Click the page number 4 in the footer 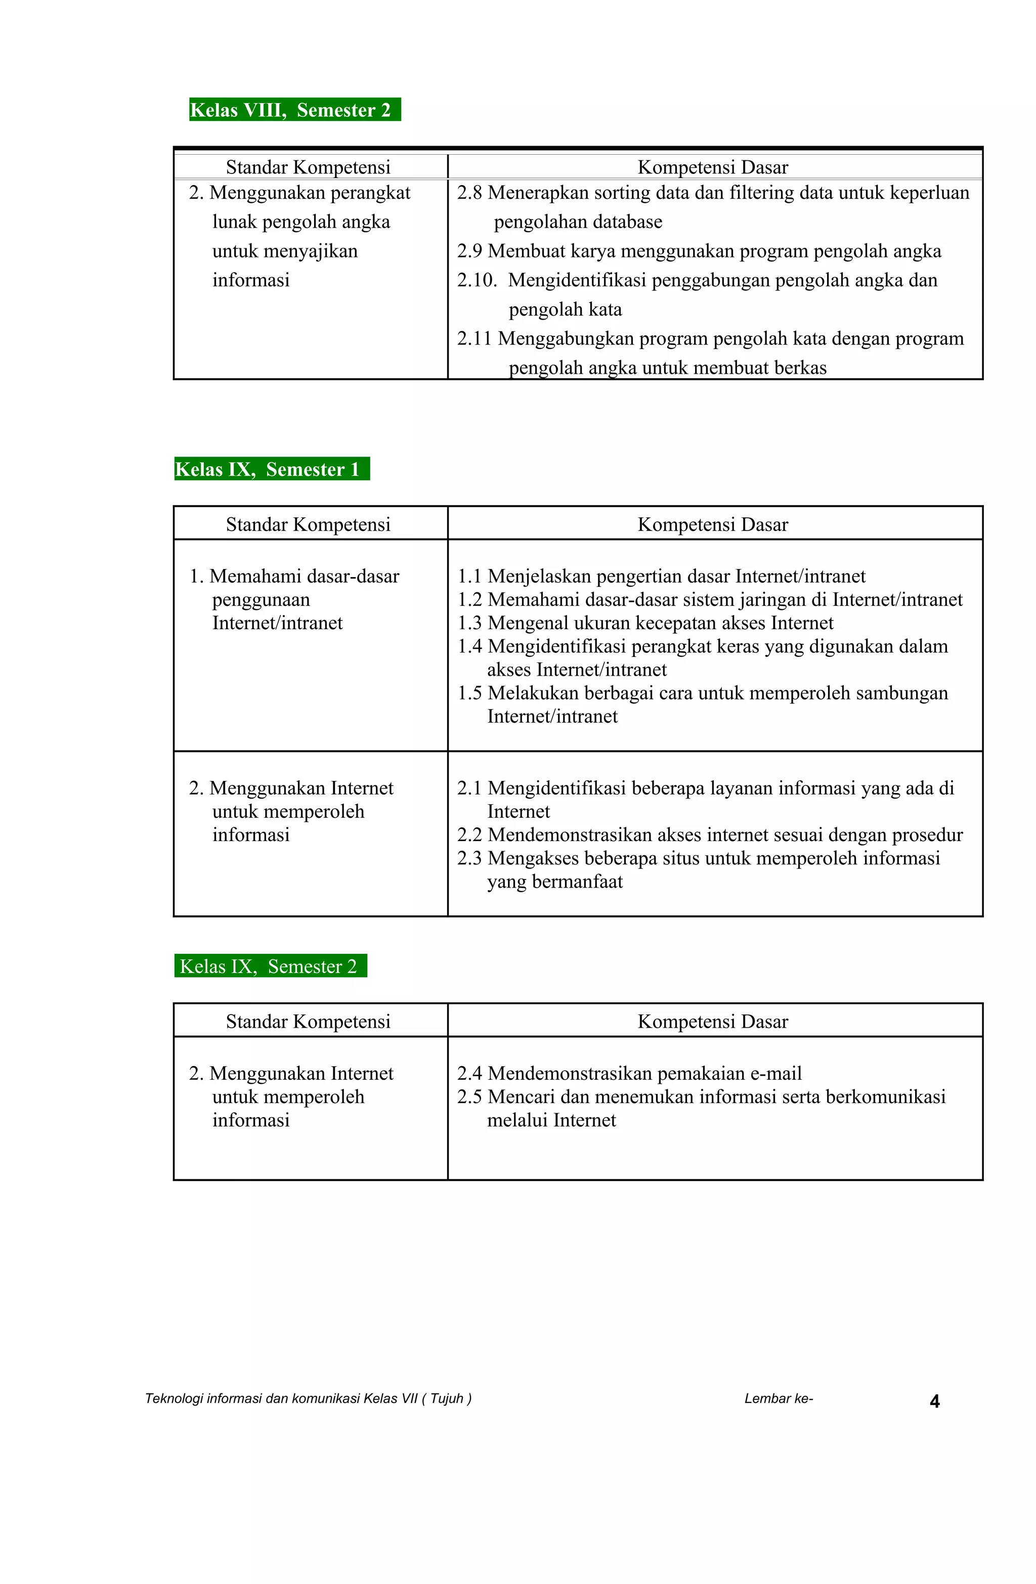tap(934, 1402)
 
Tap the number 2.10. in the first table tap(477, 280)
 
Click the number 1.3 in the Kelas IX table tap(469, 623)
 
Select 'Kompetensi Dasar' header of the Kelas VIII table tap(712, 167)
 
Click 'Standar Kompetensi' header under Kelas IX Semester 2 tap(308, 1022)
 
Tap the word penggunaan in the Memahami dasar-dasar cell tap(261, 600)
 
